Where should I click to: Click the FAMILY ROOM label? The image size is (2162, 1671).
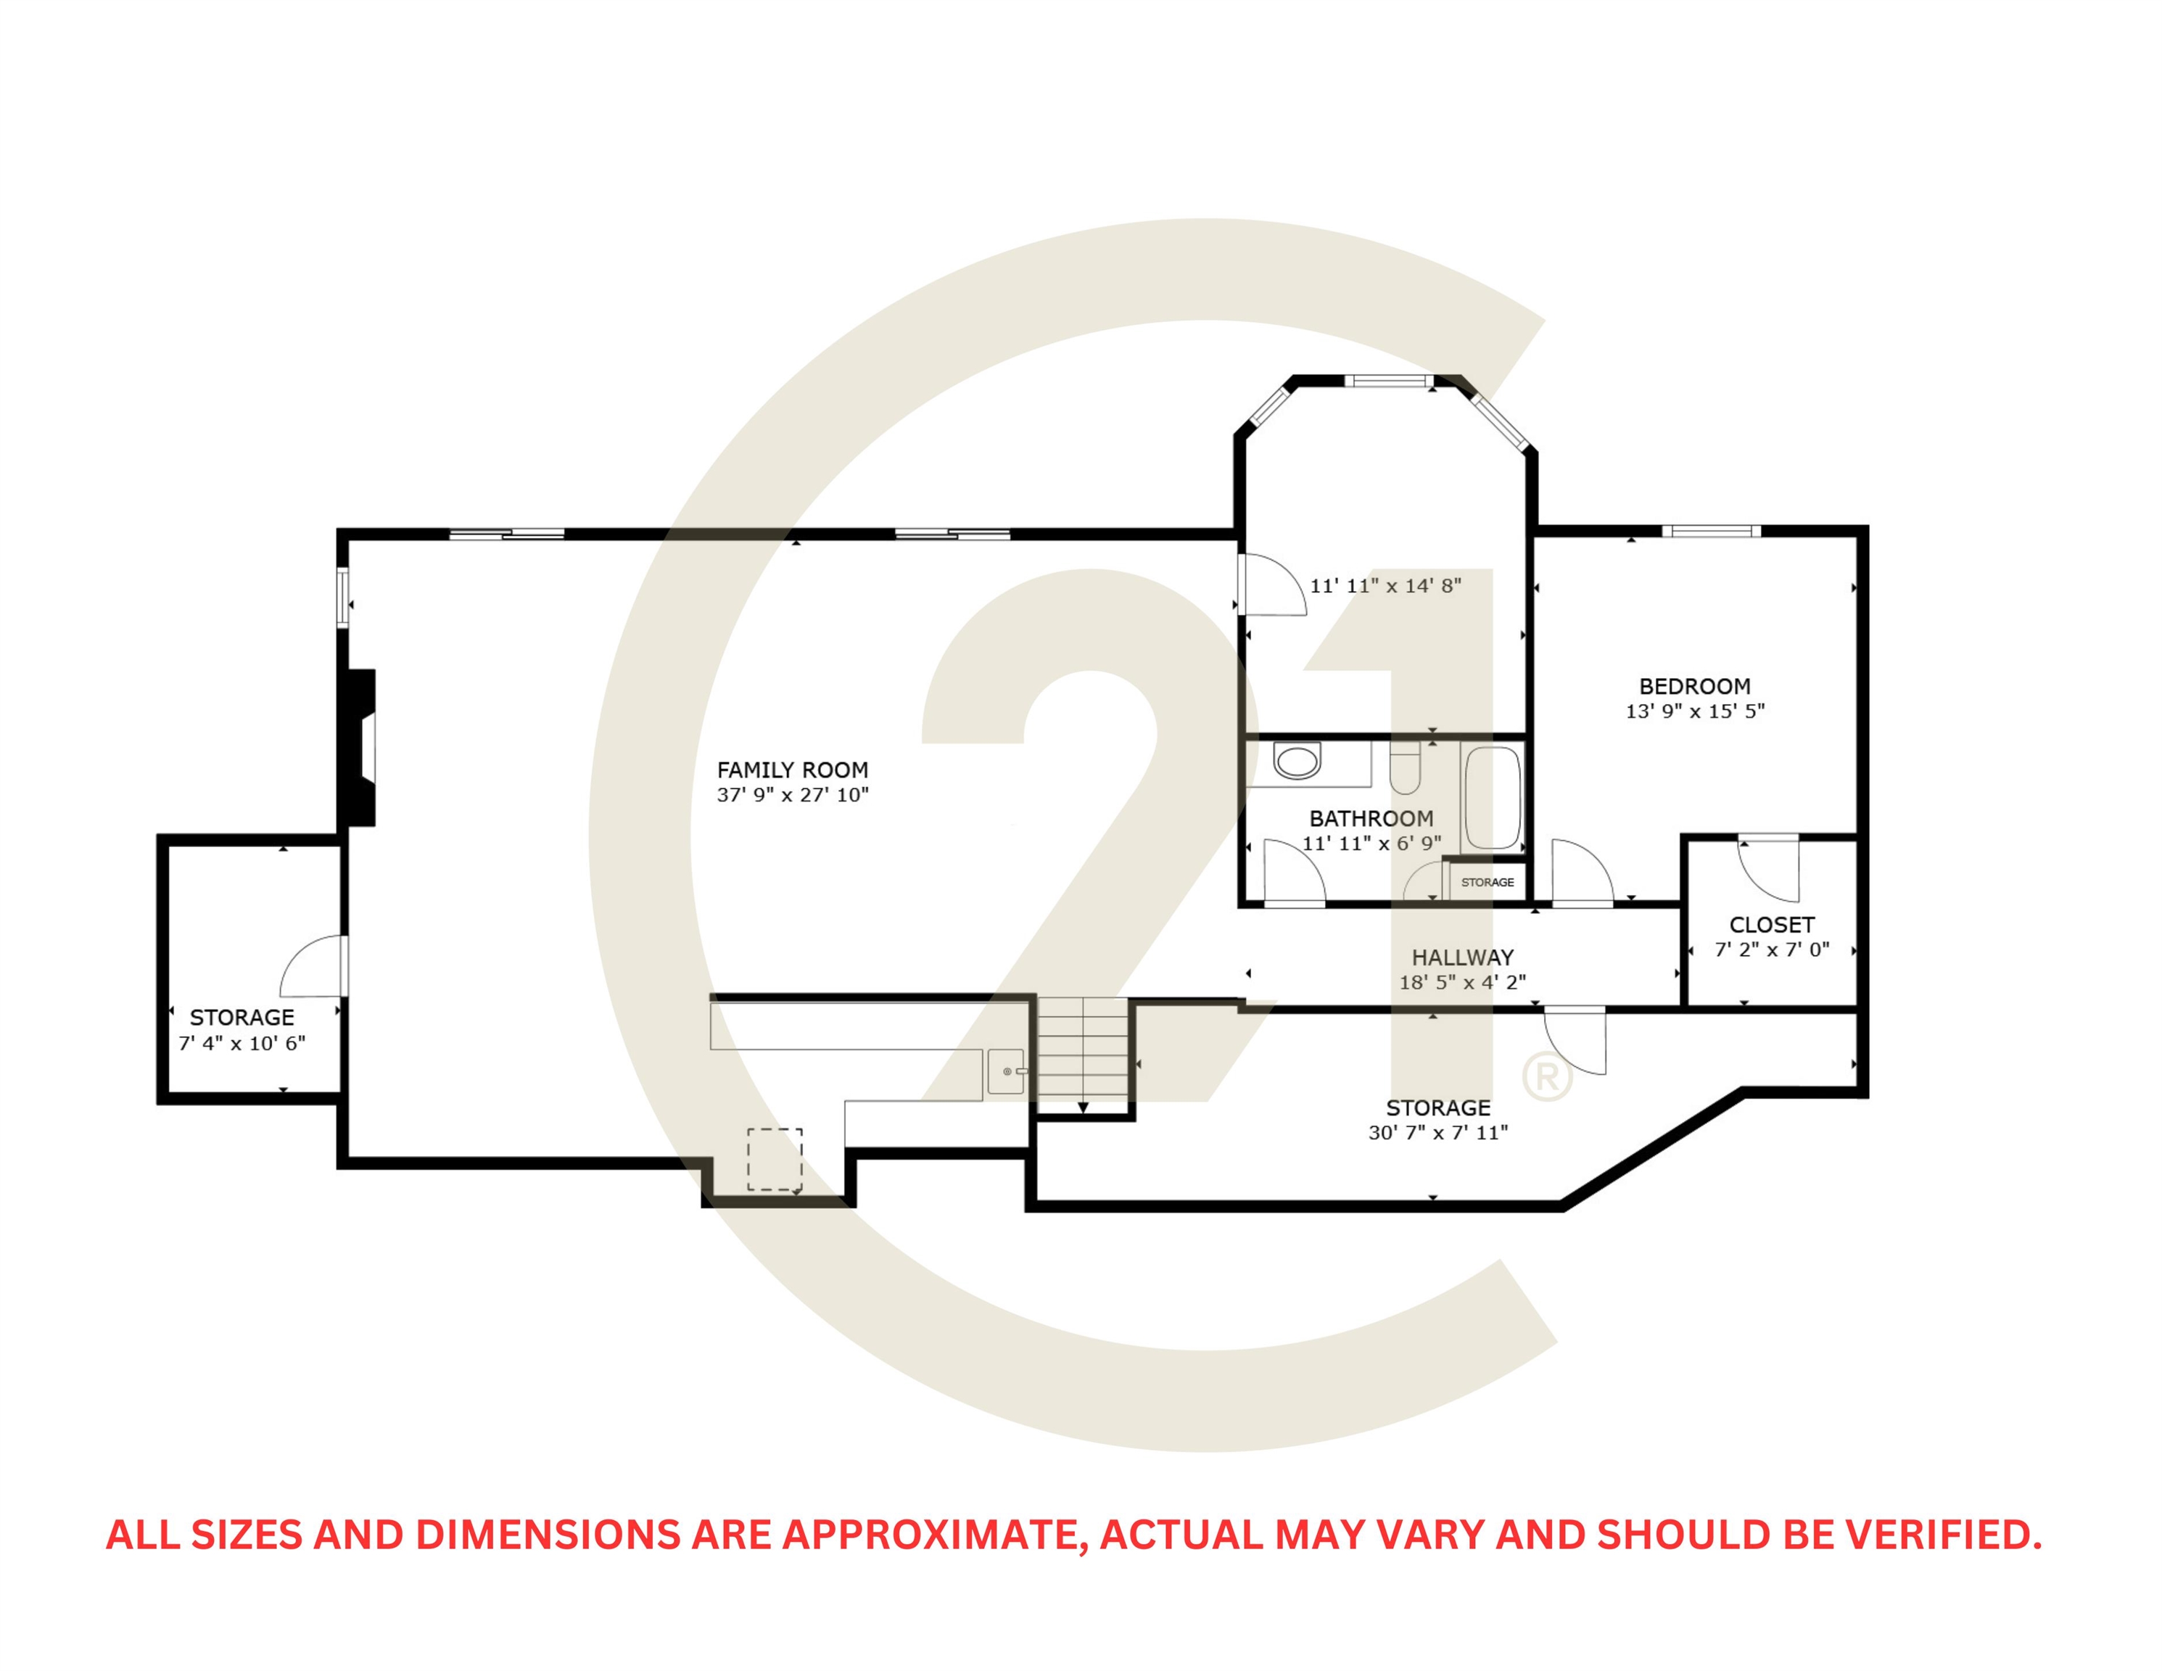coord(792,770)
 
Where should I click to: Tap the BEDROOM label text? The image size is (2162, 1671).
coord(1695,686)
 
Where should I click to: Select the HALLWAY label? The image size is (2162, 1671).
coord(1462,957)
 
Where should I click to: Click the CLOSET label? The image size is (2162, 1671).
coord(1771,925)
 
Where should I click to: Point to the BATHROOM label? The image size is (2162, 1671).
coord(1371,819)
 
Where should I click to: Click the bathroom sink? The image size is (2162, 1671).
coord(1297,762)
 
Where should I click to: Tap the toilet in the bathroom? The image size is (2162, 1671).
coord(1405,768)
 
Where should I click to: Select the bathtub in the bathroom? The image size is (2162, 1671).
coord(1493,798)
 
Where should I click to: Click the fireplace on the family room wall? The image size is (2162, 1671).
coord(358,748)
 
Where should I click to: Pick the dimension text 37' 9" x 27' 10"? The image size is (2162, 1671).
coord(792,795)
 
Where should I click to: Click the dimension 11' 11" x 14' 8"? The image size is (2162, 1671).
coord(1385,586)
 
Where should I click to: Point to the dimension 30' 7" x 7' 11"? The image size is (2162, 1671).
coord(1437,1132)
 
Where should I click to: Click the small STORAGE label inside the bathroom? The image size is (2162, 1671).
coord(1487,882)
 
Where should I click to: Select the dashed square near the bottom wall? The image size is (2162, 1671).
coord(774,1159)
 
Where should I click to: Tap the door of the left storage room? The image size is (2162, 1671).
coord(313,966)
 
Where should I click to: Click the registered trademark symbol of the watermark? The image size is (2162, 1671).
coord(1547,1077)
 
